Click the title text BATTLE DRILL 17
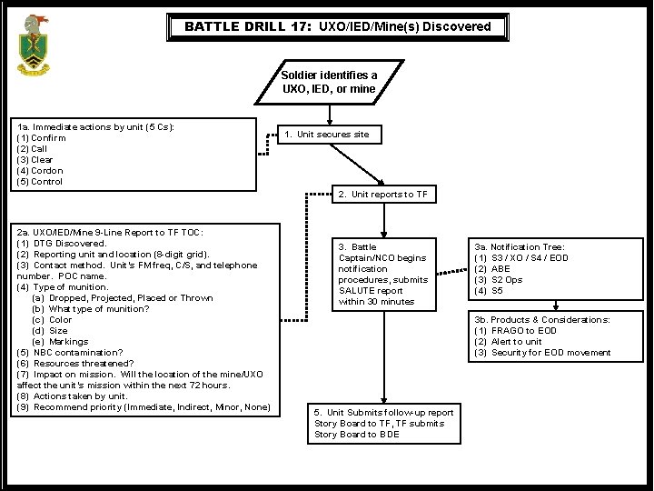click(250, 26)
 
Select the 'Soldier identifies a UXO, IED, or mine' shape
click(329, 83)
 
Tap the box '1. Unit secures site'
click(326, 135)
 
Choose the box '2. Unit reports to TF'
click(382, 195)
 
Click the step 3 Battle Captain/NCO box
click(381, 274)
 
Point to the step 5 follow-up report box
click(383, 423)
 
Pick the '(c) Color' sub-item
click(52, 320)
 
